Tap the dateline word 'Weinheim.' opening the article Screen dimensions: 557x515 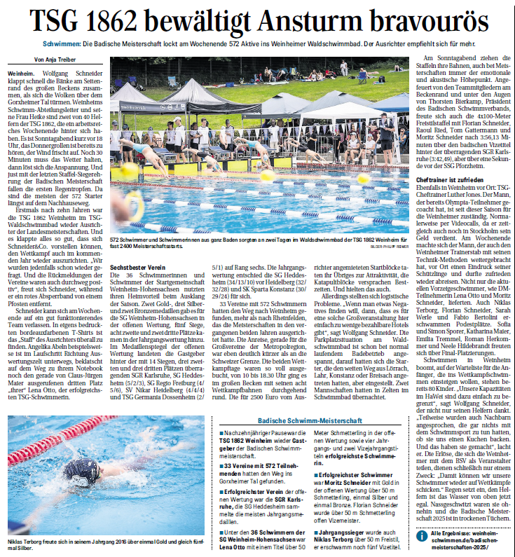click(22, 73)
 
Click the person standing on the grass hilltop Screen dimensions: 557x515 click(343, 67)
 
